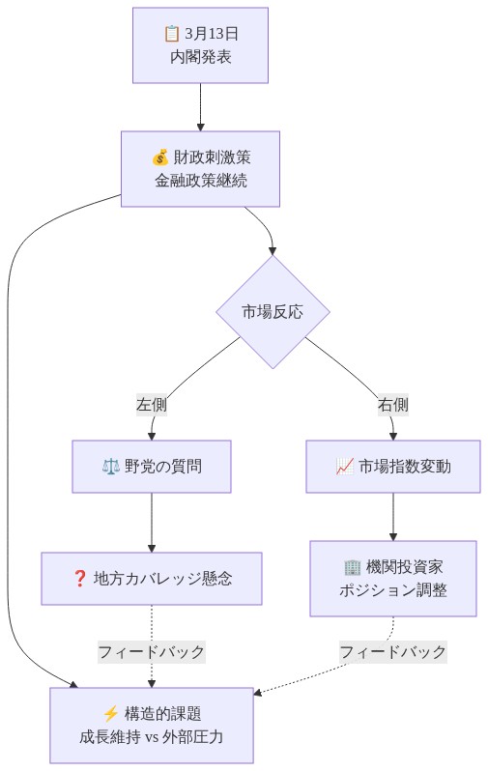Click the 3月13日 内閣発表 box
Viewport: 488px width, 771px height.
(200, 45)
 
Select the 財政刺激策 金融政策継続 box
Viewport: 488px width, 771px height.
(200, 168)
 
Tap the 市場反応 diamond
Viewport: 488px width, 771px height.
(273, 311)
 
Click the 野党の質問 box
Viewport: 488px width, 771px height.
(152, 467)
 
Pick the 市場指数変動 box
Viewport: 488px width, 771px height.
(392, 467)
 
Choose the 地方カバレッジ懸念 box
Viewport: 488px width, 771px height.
(152, 579)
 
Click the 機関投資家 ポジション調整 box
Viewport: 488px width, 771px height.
(392, 578)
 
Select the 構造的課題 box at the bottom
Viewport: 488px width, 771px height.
(152, 725)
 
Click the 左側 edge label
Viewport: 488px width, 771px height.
(152, 405)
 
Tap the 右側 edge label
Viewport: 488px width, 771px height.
(392, 405)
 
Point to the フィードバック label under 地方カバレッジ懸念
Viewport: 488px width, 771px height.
(152, 651)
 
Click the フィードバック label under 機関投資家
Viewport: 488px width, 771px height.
(392, 651)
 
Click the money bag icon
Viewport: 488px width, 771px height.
(159, 157)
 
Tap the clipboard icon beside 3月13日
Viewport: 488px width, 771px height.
(172, 34)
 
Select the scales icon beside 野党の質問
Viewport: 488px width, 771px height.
(109, 467)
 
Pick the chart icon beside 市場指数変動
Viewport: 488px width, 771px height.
(344, 467)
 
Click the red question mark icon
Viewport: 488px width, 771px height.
(80, 579)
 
